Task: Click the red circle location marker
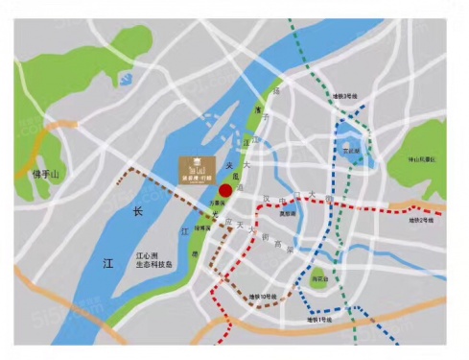[225, 190]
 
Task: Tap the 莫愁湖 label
[286, 214]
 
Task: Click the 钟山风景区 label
[419, 157]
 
